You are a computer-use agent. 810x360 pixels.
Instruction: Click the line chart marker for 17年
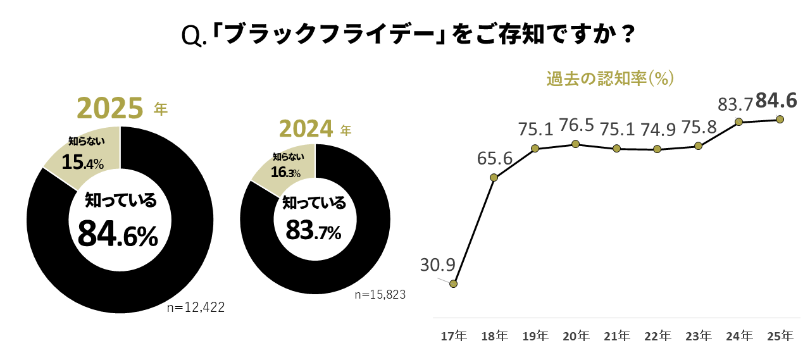tap(453, 284)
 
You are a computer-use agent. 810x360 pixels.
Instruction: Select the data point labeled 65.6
tap(494, 177)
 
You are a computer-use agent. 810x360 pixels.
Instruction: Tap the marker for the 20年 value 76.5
tap(575, 144)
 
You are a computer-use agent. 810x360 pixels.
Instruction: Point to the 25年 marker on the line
tap(780, 119)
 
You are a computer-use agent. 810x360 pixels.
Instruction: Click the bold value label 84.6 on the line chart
tap(776, 101)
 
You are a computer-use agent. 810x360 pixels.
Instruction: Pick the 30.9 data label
tap(438, 265)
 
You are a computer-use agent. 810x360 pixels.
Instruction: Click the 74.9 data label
tap(658, 128)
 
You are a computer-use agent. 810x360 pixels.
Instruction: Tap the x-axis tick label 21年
tap(616, 336)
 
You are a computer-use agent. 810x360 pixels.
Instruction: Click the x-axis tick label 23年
tap(699, 336)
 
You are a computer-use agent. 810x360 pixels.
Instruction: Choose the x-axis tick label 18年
tap(494, 336)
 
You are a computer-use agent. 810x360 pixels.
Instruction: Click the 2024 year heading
tap(306, 129)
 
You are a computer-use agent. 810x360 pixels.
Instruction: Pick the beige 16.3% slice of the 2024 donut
tap(285, 166)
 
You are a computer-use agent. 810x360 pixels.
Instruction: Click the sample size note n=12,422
tap(196, 307)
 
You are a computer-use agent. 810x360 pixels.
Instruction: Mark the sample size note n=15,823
tap(380, 294)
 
